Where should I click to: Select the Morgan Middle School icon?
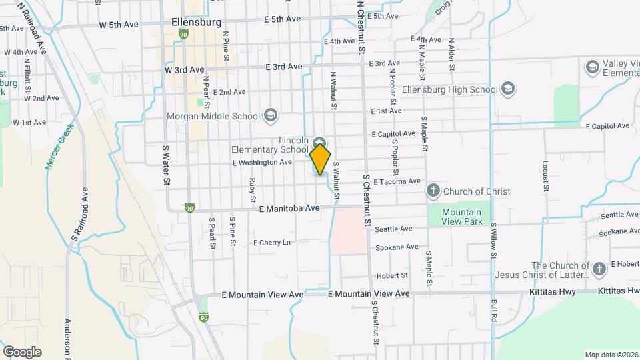(270, 116)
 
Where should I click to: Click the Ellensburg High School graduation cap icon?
(508, 89)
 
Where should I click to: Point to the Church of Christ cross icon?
(433, 191)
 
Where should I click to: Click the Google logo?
(22, 352)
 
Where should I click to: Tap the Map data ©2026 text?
(611, 354)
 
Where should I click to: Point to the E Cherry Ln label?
(273, 243)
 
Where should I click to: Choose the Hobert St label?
(391, 275)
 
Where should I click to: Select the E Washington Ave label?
(262, 162)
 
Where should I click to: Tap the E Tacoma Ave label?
(397, 181)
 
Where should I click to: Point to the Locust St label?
(545, 174)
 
